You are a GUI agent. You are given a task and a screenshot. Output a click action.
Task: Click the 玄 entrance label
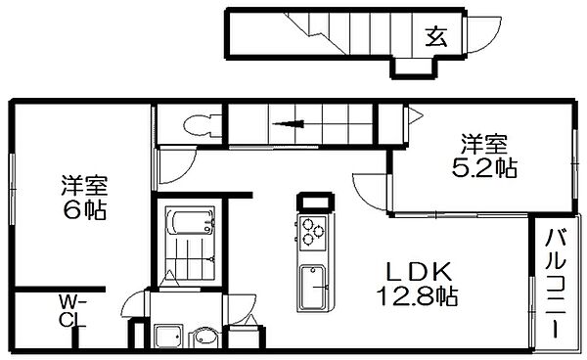[x=436, y=36]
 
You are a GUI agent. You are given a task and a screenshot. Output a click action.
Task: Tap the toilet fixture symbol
[x=203, y=124]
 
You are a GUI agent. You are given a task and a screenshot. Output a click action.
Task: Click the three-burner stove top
[x=312, y=232]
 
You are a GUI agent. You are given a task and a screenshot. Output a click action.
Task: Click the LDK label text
[x=418, y=272]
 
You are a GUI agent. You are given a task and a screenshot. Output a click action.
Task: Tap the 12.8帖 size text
[x=417, y=296]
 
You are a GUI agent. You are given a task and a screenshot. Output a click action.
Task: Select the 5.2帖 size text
[x=484, y=168]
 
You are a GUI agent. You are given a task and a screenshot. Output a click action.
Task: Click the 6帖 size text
[x=85, y=210]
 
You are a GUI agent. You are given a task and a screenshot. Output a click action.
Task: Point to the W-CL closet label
[x=72, y=311]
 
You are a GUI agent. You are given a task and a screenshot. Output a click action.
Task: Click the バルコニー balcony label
[x=555, y=284]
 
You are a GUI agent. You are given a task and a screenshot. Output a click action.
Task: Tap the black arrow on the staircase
[x=288, y=124]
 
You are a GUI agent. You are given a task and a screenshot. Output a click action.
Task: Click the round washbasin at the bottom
[x=203, y=337]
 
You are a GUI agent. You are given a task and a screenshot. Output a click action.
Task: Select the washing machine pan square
[x=168, y=337]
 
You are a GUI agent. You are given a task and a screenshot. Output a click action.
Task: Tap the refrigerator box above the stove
[x=313, y=203]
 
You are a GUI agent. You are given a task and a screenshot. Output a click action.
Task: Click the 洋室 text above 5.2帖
[x=484, y=145]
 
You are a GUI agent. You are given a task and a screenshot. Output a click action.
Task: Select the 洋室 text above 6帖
[x=85, y=186]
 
